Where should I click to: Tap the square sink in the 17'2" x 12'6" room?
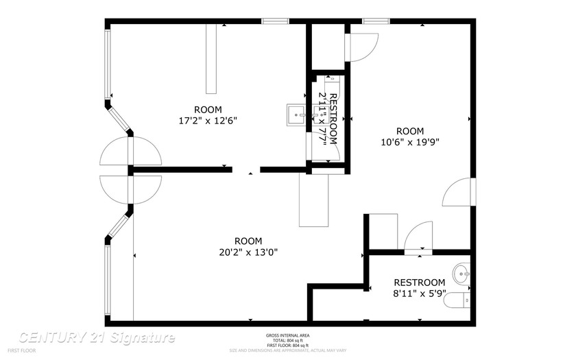(x=296, y=112)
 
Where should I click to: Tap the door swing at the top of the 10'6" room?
(x=362, y=46)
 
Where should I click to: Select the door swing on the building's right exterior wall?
(x=457, y=193)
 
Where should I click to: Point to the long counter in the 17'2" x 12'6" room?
(x=211, y=59)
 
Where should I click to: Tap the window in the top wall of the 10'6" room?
(x=376, y=22)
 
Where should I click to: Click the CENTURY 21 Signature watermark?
(x=97, y=337)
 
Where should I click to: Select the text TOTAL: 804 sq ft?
(x=287, y=340)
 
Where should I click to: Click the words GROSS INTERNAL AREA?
(x=287, y=335)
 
